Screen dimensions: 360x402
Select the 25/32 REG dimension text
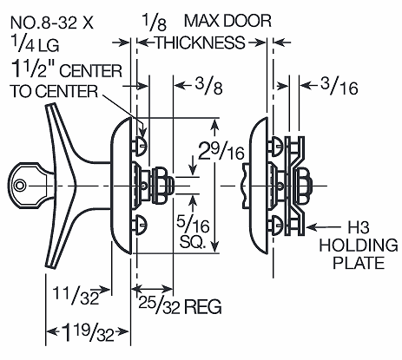179,305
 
